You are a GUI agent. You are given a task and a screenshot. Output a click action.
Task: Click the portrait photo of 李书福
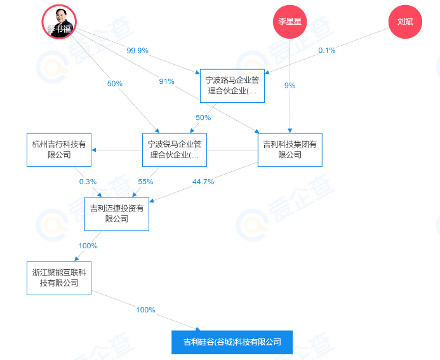58,21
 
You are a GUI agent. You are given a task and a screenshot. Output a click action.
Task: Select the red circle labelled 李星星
289,22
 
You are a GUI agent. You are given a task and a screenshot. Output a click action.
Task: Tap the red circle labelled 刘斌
404,22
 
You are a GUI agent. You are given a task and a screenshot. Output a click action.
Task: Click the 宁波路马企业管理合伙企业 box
232,86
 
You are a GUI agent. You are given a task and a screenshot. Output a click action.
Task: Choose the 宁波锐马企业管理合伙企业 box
175,150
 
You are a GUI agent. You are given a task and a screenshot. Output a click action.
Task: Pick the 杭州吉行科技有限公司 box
59,150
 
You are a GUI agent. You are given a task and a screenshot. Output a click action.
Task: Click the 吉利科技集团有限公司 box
290,150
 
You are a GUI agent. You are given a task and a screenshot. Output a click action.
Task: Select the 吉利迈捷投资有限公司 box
117,214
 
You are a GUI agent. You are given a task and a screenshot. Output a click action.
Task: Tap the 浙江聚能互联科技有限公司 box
59,278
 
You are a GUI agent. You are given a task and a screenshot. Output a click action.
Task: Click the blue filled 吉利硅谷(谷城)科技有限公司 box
232,342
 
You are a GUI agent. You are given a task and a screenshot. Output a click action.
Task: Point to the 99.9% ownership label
137,50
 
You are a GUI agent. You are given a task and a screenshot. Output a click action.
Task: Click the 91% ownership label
167,81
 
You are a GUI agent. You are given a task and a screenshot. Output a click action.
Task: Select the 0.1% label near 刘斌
326,50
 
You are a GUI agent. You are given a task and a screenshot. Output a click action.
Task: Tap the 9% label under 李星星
290,85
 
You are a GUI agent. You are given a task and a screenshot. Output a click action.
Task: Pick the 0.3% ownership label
88,182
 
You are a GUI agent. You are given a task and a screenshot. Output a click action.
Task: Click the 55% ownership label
145,182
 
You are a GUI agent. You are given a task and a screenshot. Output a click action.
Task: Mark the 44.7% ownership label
203,182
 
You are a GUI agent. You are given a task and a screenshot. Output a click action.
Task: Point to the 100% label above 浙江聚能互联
88,246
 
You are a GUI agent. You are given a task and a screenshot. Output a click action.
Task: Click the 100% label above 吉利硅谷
145,310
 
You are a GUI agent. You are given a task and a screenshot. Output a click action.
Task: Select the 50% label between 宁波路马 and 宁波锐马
203,117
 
